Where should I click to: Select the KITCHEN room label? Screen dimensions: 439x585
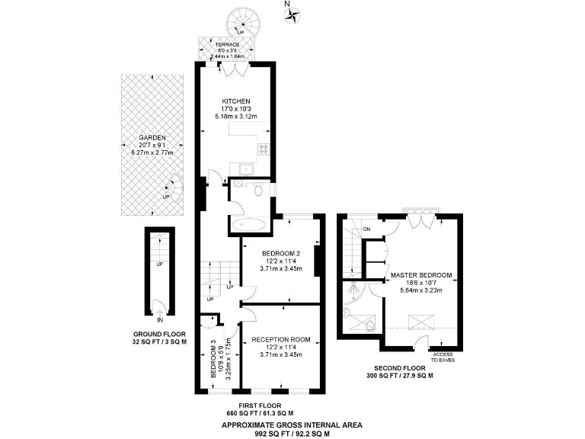click(x=235, y=101)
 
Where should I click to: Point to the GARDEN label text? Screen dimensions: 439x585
click(x=152, y=138)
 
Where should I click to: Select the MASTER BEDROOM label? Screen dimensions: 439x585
click(x=420, y=274)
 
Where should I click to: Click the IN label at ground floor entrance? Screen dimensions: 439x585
click(x=159, y=321)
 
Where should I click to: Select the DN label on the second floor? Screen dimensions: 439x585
click(x=366, y=229)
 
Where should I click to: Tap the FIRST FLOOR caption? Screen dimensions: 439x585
click(x=260, y=405)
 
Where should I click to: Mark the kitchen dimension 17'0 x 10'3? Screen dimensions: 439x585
click(x=235, y=109)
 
